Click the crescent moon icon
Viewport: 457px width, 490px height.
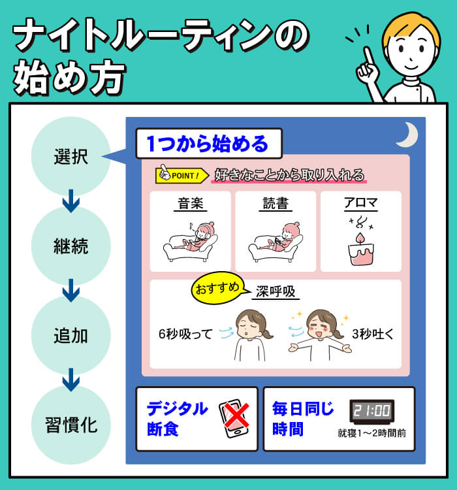click(x=409, y=135)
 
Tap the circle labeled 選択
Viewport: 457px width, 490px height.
click(x=71, y=157)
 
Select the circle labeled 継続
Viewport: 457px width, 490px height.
click(x=71, y=247)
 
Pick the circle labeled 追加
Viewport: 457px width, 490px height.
click(x=71, y=337)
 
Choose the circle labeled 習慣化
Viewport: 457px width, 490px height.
click(x=71, y=426)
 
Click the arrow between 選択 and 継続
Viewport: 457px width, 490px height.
click(x=71, y=202)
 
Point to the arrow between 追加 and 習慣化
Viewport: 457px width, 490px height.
click(x=71, y=381)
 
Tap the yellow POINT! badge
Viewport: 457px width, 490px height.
click(x=181, y=175)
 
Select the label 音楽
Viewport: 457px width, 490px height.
click(x=191, y=203)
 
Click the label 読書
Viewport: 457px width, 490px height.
click(x=275, y=203)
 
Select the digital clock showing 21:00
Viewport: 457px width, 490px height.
click(x=371, y=411)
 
